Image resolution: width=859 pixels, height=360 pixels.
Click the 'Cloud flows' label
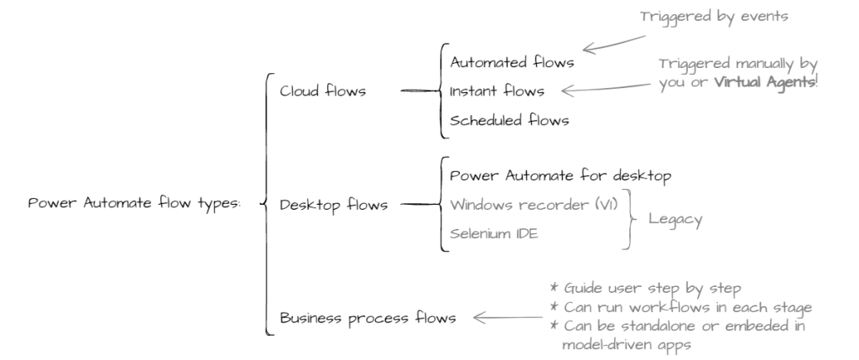point(323,91)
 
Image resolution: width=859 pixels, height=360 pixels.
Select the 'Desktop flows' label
point(334,205)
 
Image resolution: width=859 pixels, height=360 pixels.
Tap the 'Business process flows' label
point(367,318)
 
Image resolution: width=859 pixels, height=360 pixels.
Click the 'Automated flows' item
point(512,62)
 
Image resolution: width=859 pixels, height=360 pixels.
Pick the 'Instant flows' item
point(497,91)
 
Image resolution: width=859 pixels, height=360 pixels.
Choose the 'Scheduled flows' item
point(509,120)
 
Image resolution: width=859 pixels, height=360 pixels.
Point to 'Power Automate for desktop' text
point(560,176)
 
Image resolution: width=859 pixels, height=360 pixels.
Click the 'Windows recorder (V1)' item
point(534,205)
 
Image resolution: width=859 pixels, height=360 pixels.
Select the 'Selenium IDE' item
point(493,234)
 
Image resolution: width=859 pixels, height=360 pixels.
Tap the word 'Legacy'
point(675,220)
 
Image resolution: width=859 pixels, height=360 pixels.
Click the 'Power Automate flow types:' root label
point(134,203)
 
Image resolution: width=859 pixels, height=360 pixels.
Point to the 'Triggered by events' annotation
point(714,17)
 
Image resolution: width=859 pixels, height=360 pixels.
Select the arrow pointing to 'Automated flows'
point(614,44)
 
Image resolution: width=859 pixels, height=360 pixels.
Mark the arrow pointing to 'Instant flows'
point(606,88)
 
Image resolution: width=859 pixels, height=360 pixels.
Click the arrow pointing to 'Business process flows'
point(508,317)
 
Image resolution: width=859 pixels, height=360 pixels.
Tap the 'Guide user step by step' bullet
point(645,289)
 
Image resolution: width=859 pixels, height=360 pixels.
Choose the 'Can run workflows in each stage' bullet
point(680,307)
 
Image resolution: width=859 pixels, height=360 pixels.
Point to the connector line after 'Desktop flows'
point(420,204)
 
